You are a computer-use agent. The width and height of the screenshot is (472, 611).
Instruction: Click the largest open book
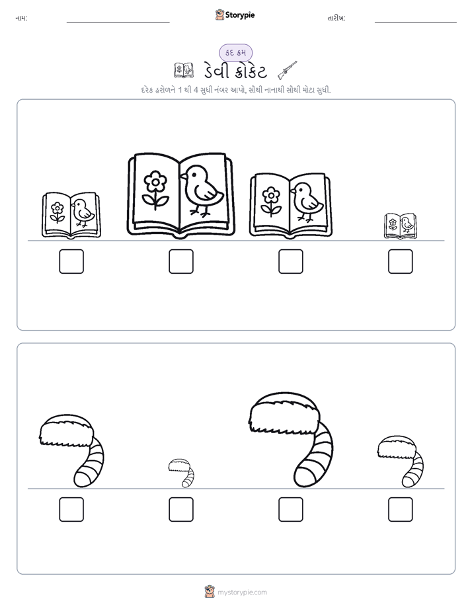point(181,195)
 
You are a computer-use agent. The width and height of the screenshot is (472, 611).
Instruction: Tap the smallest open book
point(401,225)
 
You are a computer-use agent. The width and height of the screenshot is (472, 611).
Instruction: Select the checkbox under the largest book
point(181,261)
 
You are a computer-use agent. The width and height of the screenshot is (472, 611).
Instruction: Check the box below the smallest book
point(401,261)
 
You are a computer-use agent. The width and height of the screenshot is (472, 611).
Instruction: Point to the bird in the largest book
point(202,190)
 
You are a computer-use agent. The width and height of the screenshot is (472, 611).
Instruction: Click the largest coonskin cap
point(291,440)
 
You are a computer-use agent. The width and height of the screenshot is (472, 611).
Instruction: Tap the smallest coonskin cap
point(182,473)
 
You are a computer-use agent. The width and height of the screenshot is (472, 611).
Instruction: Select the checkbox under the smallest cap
point(181,509)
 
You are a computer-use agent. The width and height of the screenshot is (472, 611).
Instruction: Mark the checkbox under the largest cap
point(291,509)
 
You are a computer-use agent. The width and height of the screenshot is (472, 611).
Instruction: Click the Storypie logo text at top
point(240,15)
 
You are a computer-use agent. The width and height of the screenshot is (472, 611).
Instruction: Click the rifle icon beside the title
point(288,70)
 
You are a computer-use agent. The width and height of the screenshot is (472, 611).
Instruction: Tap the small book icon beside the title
point(183,70)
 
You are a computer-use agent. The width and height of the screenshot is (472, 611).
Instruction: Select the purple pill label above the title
point(235,53)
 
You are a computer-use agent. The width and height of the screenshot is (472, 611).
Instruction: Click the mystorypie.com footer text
point(242,592)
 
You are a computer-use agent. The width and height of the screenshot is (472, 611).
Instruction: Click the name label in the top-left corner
point(21,18)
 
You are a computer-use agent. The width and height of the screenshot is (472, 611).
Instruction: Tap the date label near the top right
point(336,18)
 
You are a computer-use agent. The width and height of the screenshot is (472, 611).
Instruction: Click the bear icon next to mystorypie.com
point(210,592)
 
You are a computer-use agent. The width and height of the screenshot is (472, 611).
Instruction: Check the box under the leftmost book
point(71,261)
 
